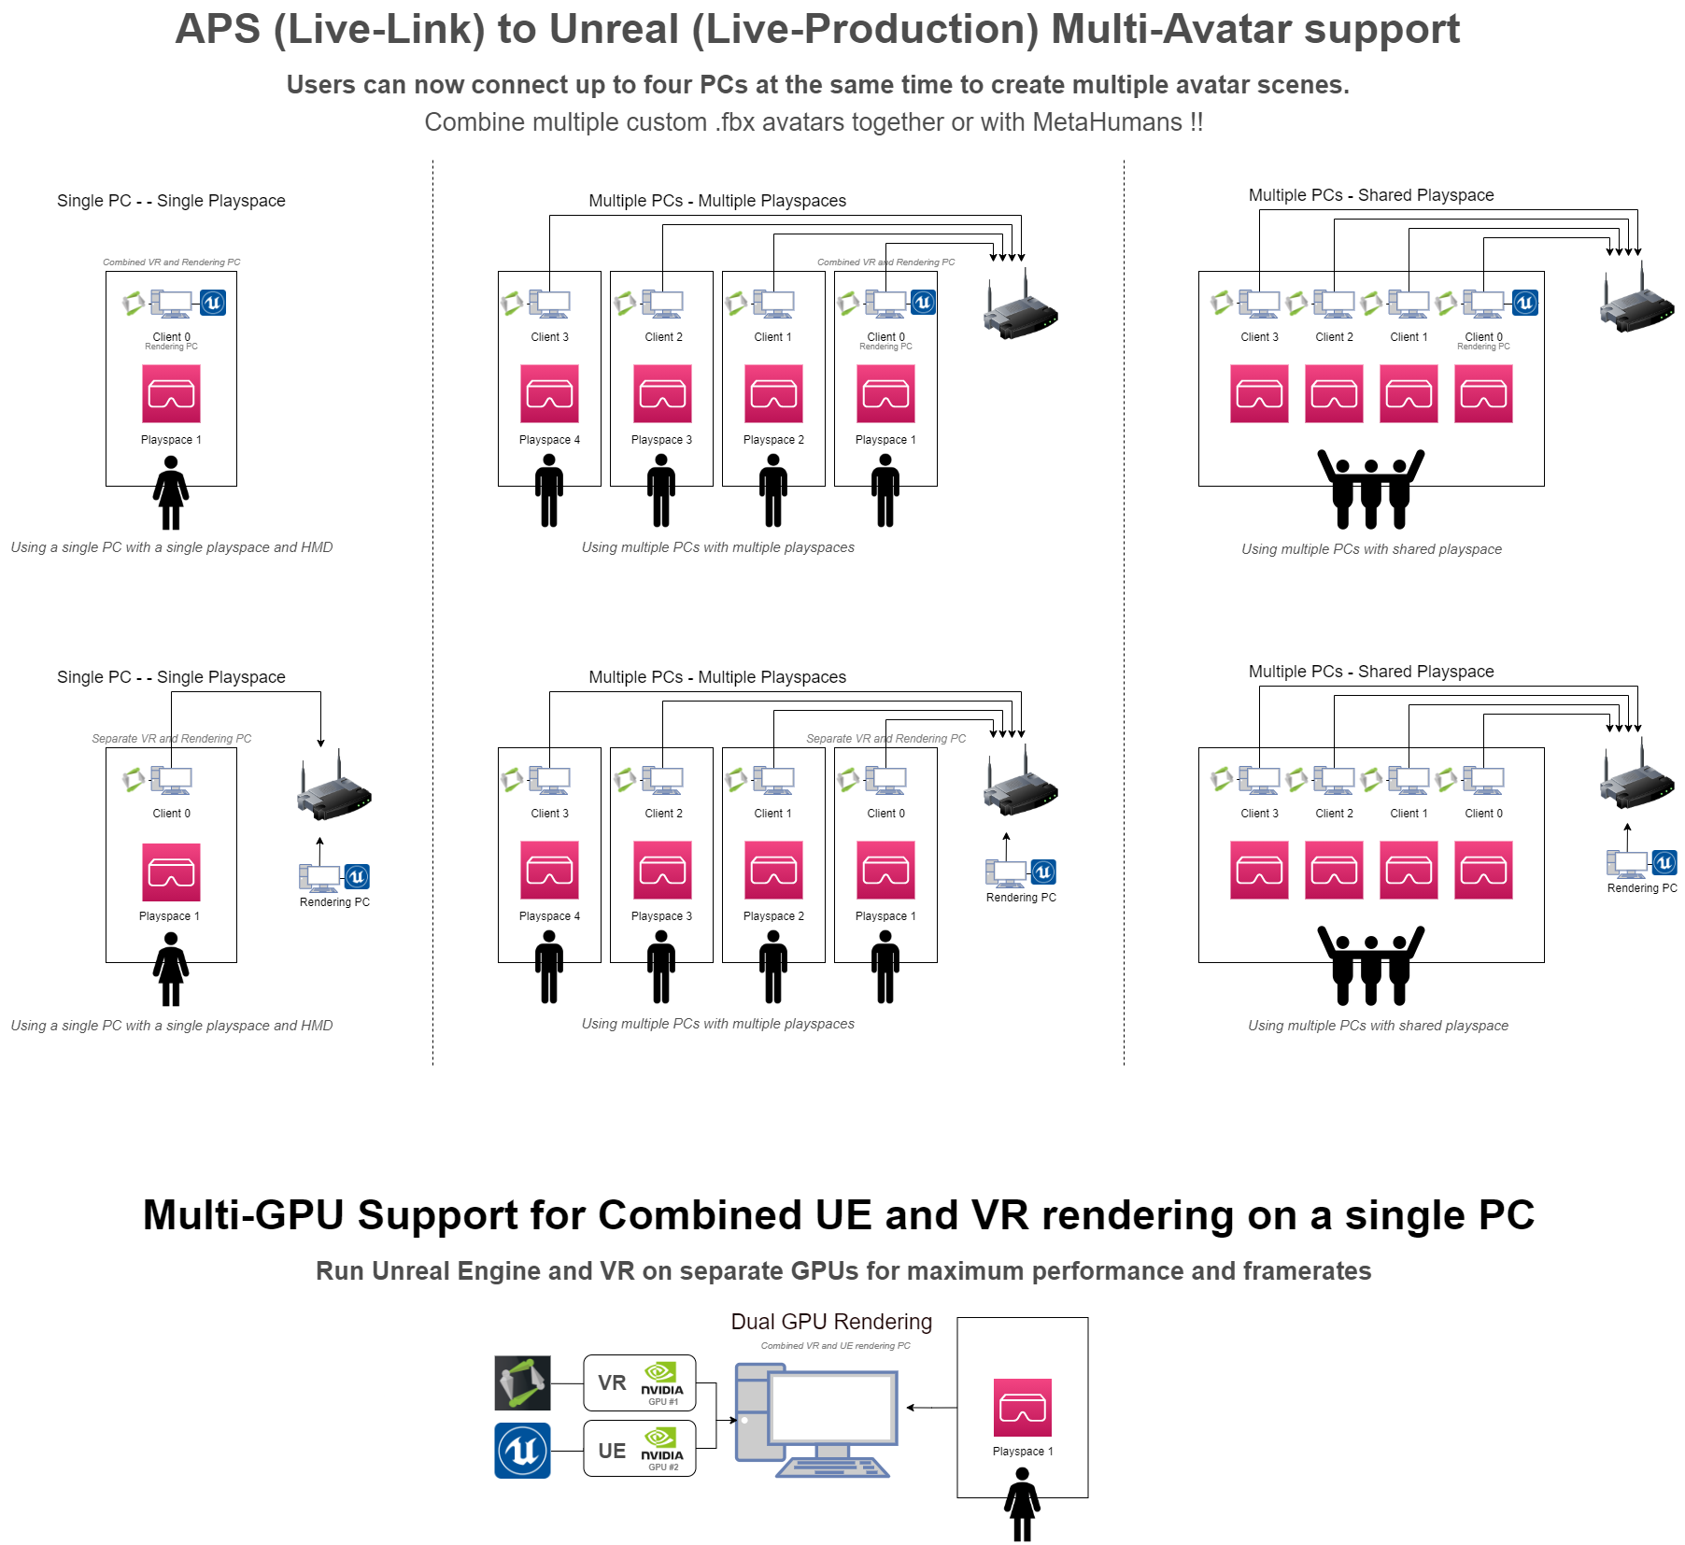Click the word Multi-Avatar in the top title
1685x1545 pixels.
pos(1170,29)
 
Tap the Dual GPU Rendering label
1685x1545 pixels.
pos(830,1322)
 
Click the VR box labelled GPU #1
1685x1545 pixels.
pos(639,1382)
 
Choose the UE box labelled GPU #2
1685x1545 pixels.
pos(639,1449)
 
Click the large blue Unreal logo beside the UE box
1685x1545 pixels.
pos(522,1451)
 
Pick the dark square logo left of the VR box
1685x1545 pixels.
pos(522,1383)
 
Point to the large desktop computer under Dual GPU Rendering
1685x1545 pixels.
pos(817,1420)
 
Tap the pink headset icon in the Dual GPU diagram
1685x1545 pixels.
pos(1022,1408)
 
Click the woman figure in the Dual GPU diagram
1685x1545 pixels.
pos(1022,1504)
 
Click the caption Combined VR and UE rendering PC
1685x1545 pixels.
pos(835,1346)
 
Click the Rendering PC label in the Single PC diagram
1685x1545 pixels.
pos(334,902)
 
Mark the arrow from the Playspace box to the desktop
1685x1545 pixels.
pos(931,1408)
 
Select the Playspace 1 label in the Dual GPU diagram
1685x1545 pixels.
pos(1022,1452)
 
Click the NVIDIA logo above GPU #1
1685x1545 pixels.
pos(661,1377)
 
